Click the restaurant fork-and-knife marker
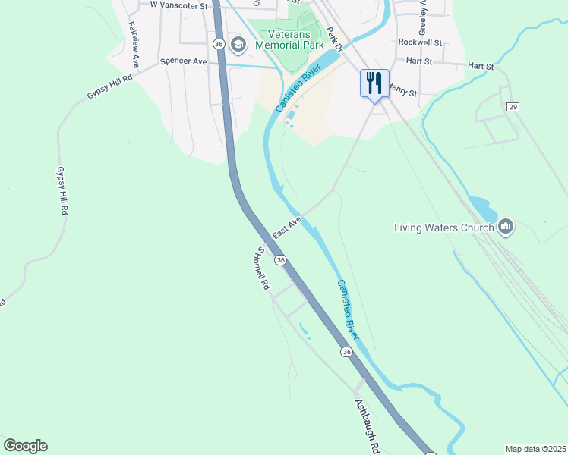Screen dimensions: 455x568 [x=374, y=83]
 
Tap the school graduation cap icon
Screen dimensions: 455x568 [x=238, y=45]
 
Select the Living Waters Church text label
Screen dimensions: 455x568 [x=444, y=227]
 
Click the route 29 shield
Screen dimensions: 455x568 [x=513, y=108]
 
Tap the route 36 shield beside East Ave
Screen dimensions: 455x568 [x=281, y=260]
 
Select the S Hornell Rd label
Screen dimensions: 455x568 [x=263, y=268]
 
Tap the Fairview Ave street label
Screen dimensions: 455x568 [x=134, y=44]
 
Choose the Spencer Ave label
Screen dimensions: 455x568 [x=183, y=61]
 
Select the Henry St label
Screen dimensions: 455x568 [x=402, y=91]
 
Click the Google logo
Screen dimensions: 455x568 [x=25, y=446]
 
